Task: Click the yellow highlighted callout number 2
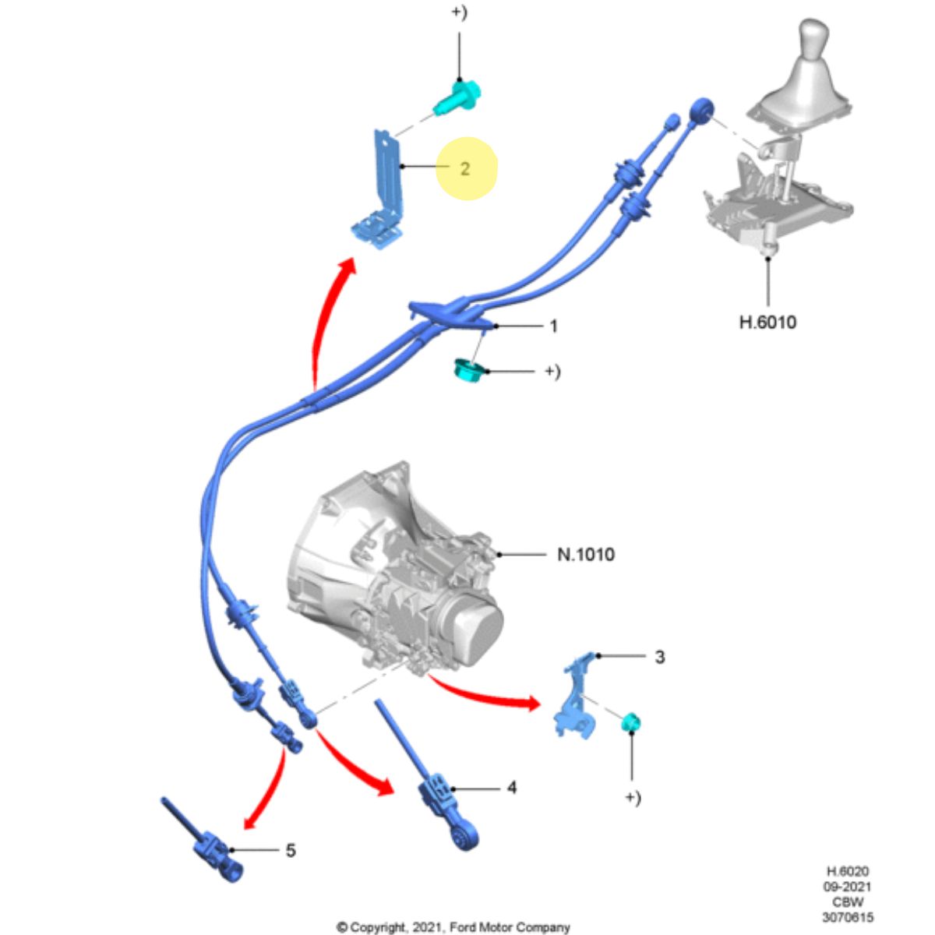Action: [465, 168]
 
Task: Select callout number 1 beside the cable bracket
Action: [553, 326]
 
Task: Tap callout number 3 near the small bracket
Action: [659, 657]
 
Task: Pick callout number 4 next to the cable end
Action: [511, 788]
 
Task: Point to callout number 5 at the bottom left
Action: [290, 850]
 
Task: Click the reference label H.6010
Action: [767, 321]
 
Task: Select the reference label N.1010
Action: [585, 555]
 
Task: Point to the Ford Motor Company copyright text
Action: [453, 927]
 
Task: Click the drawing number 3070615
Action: [847, 918]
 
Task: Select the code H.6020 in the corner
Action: [847, 872]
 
